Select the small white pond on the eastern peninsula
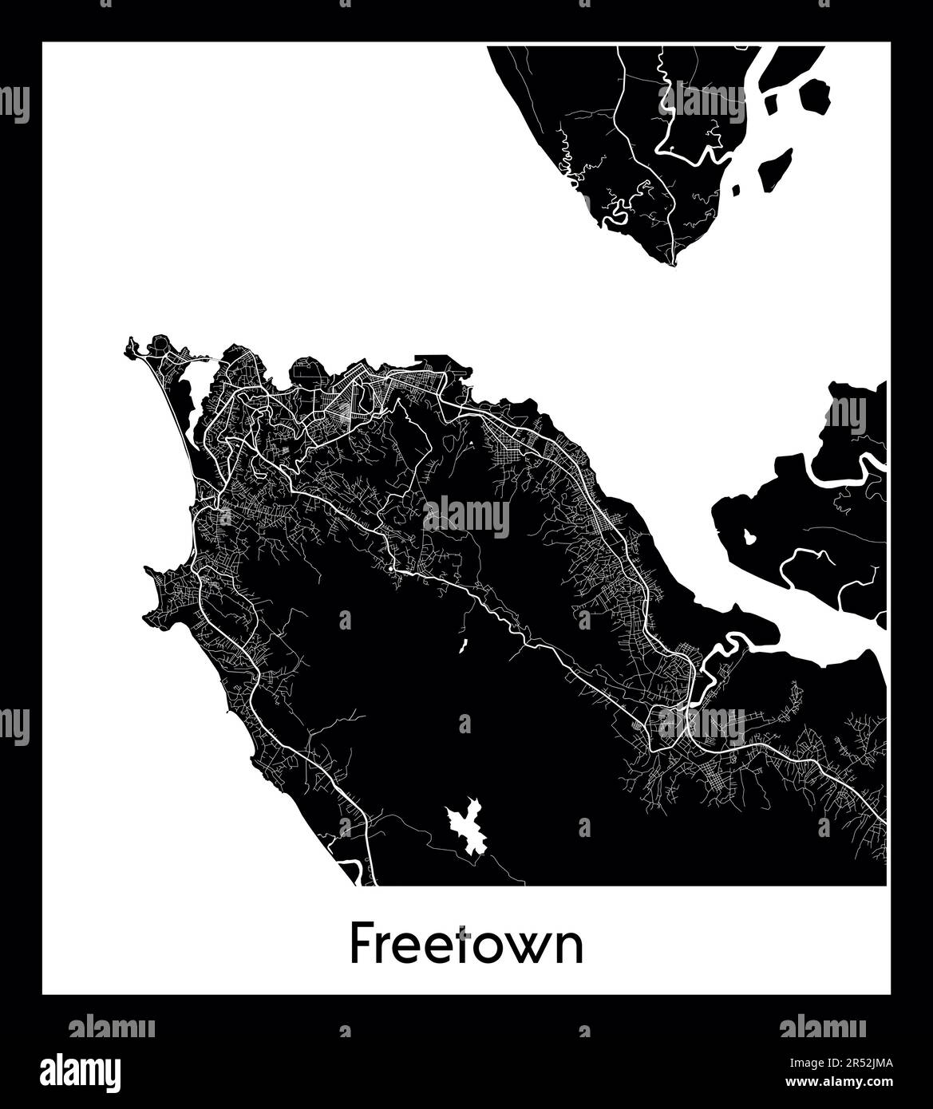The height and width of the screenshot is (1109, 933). (x=749, y=536)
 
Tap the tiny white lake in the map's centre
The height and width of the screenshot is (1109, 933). (x=462, y=645)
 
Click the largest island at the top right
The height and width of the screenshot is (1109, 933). (x=812, y=96)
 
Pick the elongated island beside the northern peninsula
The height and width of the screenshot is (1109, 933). (x=774, y=170)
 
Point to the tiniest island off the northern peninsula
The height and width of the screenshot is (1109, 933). (x=735, y=191)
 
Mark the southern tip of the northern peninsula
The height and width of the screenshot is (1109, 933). (x=674, y=263)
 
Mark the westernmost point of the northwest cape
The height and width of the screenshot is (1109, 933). (x=127, y=349)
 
